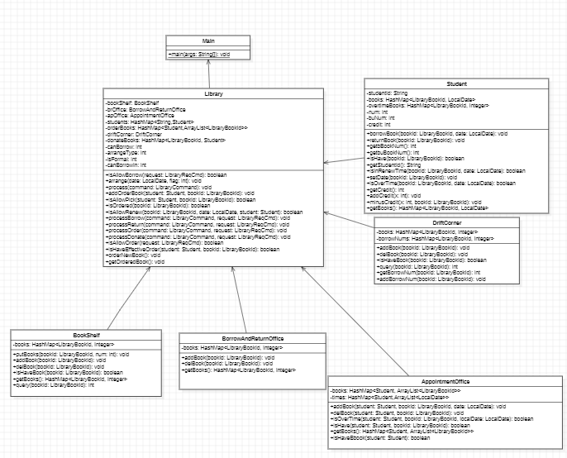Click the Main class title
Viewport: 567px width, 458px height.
(208, 41)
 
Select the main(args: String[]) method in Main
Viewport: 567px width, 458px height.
(199, 54)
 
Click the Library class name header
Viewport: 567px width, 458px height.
(213, 94)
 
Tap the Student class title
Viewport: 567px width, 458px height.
(456, 83)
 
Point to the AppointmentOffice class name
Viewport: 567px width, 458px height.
(445, 381)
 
